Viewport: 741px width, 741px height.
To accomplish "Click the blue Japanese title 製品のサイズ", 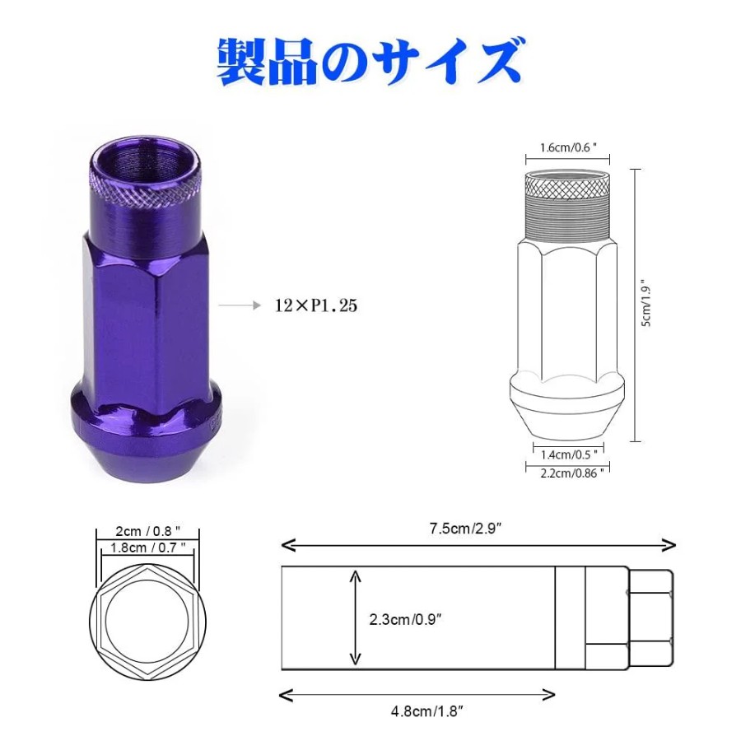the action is pos(370,63).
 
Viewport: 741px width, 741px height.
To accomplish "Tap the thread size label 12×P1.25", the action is pos(315,305).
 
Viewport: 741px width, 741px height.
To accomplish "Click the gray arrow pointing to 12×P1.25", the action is pos(240,305).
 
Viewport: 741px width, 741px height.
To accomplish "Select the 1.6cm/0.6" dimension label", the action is pos(568,148).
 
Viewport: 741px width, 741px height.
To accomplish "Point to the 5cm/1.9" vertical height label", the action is pos(646,305).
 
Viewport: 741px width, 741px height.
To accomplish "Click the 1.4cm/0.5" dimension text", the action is pos(569,454).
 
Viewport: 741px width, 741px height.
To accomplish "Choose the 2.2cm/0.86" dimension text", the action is pos(572,473).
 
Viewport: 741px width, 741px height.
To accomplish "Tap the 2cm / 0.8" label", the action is pos(148,531).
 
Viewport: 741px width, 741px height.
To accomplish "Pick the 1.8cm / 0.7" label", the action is pos(148,548).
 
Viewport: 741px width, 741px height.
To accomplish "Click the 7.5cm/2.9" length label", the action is pos(465,529).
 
